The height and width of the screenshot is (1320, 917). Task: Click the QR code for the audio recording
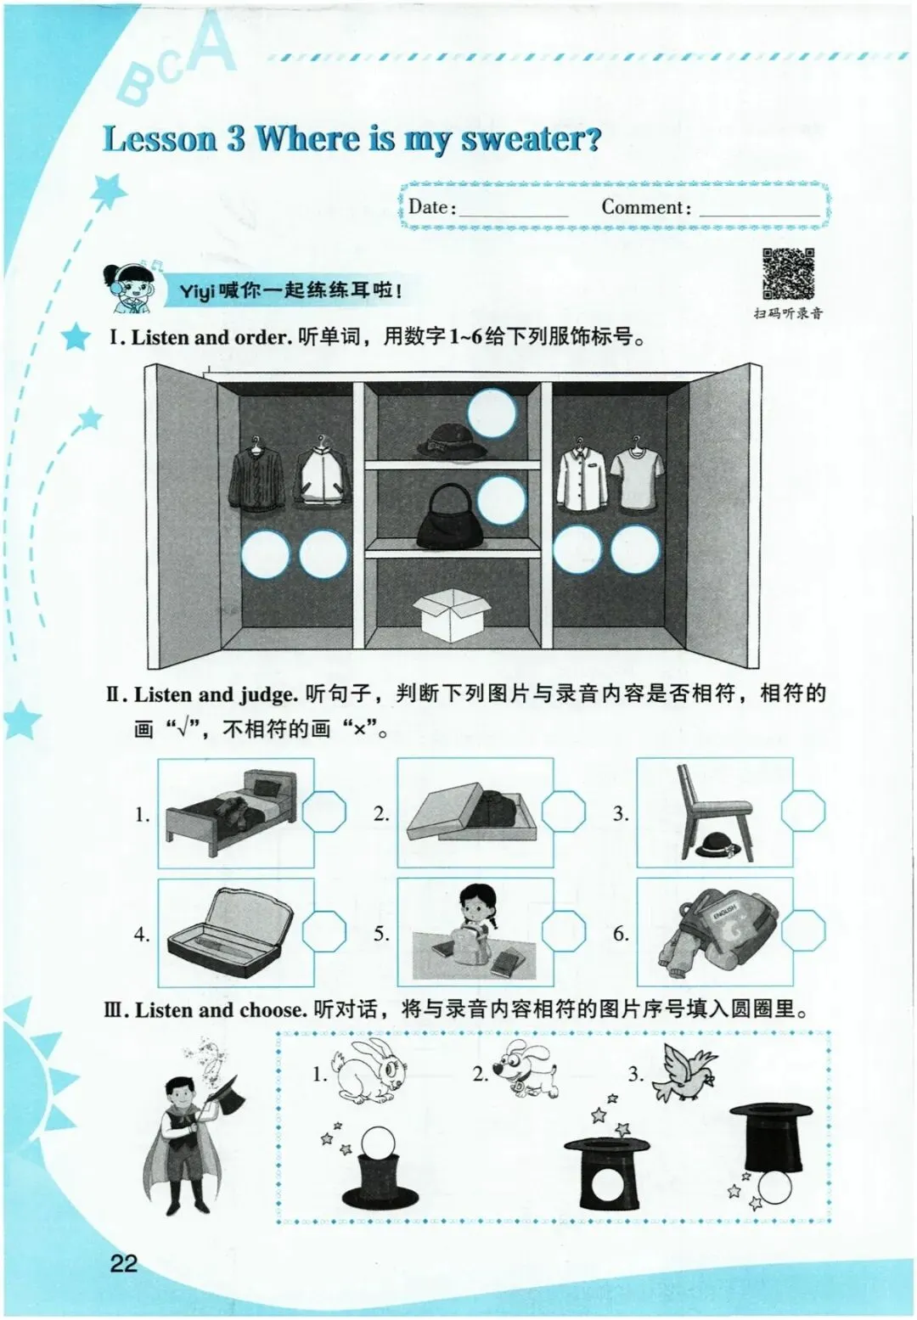click(789, 273)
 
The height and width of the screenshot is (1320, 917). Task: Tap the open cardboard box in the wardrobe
click(452, 615)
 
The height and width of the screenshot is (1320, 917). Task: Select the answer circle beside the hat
click(492, 413)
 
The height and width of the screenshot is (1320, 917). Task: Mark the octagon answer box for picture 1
click(324, 813)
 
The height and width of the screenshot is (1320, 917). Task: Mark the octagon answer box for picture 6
click(803, 933)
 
